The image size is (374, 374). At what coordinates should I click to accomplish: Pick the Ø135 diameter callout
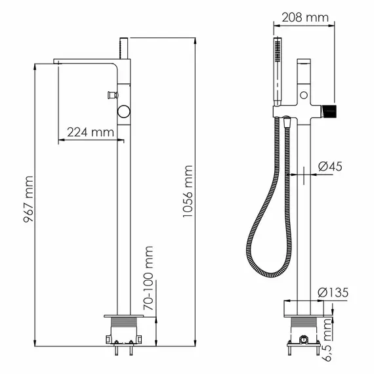tap(331, 292)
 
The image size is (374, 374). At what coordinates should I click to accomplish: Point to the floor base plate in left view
tap(123, 315)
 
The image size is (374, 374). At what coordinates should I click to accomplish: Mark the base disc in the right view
tap(302, 306)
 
